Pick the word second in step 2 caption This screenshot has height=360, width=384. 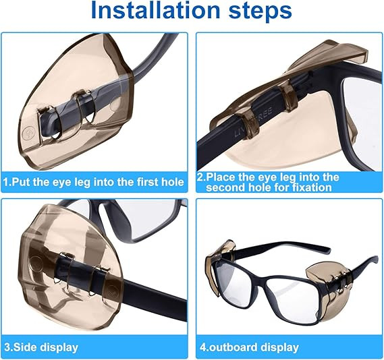[x=227, y=187]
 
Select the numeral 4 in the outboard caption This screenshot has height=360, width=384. [x=201, y=348]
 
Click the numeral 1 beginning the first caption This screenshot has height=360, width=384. [x=6, y=181]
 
